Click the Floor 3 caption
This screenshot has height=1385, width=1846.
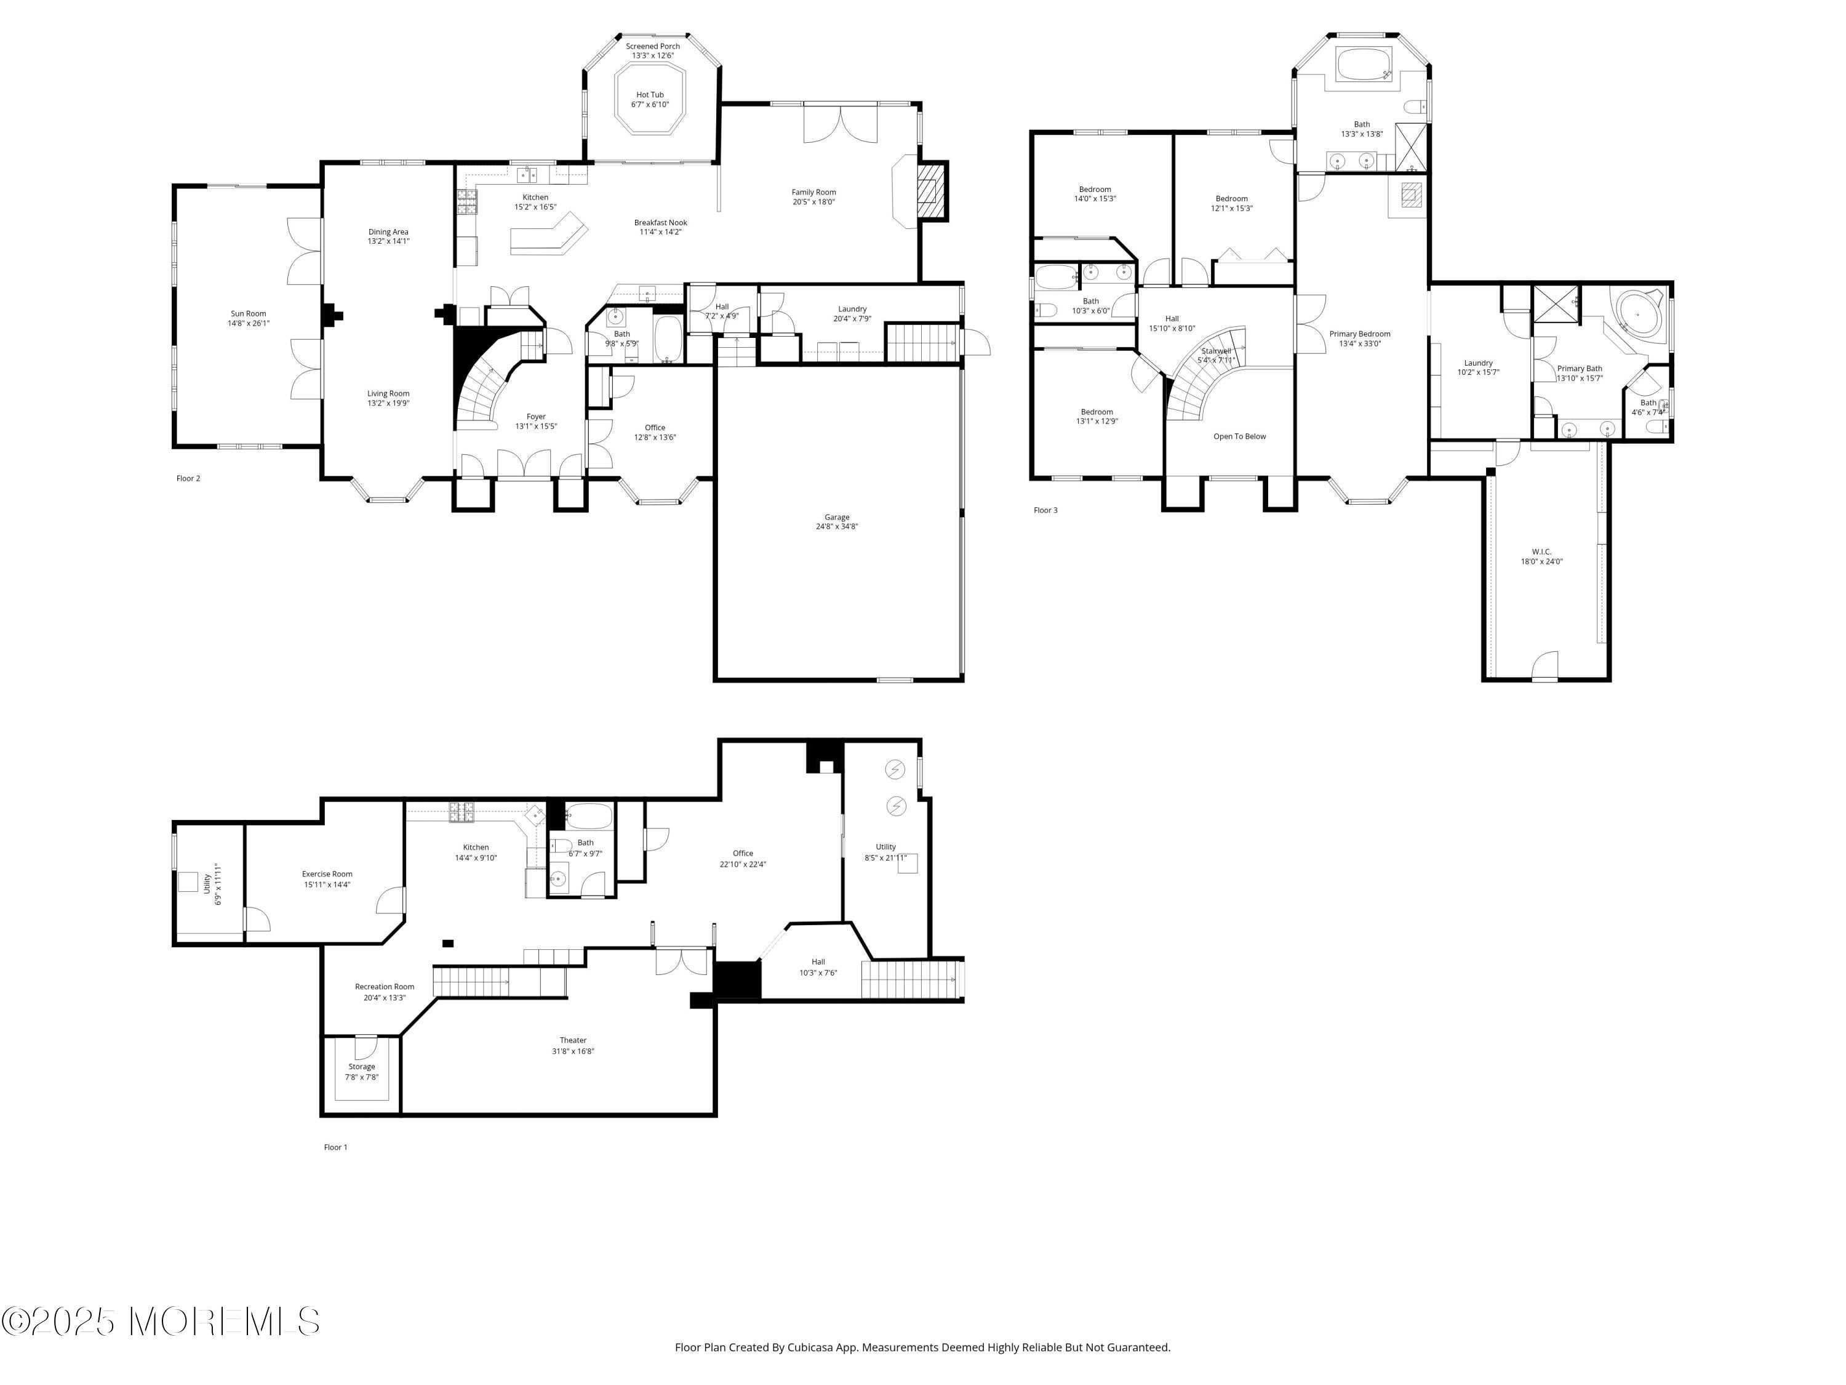click(x=1045, y=510)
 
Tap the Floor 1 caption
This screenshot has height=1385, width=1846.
click(x=335, y=1147)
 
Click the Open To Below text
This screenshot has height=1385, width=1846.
click(x=1239, y=436)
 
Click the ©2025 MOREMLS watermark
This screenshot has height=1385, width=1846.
click(x=160, y=1322)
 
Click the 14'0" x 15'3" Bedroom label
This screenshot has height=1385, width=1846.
click(x=1094, y=195)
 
